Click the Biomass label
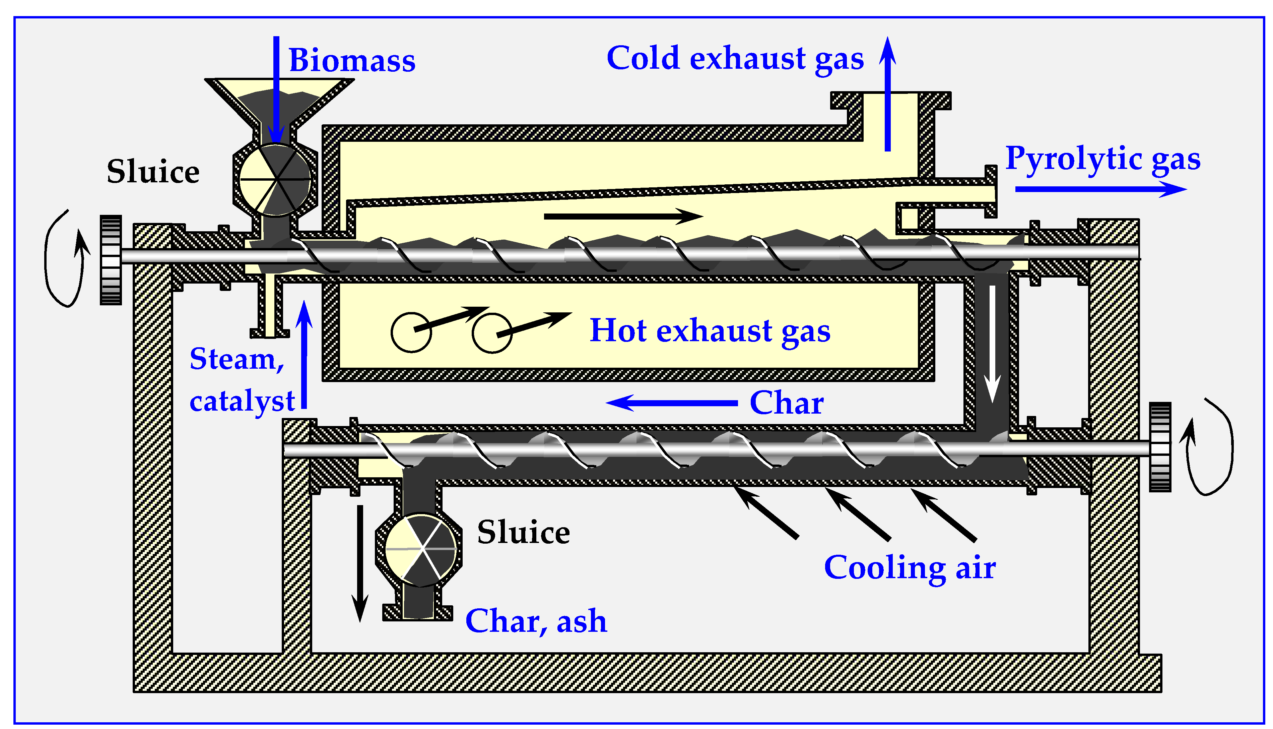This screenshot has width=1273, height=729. [352, 61]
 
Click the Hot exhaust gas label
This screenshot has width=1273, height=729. [710, 330]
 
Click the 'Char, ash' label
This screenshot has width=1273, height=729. [536, 621]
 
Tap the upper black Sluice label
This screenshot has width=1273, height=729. [153, 171]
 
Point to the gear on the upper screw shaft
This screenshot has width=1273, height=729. [111, 260]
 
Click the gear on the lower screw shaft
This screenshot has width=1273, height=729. [1160, 447]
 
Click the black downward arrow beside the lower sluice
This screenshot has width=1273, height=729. [359, 563]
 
